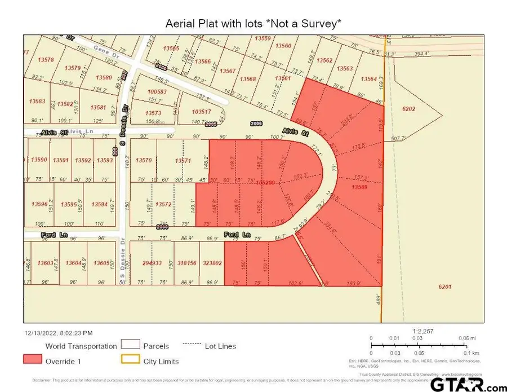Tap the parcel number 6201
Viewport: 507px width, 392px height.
point(444,287)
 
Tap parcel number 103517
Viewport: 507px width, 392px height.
point(201,112)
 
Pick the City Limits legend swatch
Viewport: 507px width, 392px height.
point(131,359)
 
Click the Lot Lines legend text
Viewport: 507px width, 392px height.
point(220,346)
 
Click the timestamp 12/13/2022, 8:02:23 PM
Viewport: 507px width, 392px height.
point(58,333)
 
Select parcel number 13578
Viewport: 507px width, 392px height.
point(46,60)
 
